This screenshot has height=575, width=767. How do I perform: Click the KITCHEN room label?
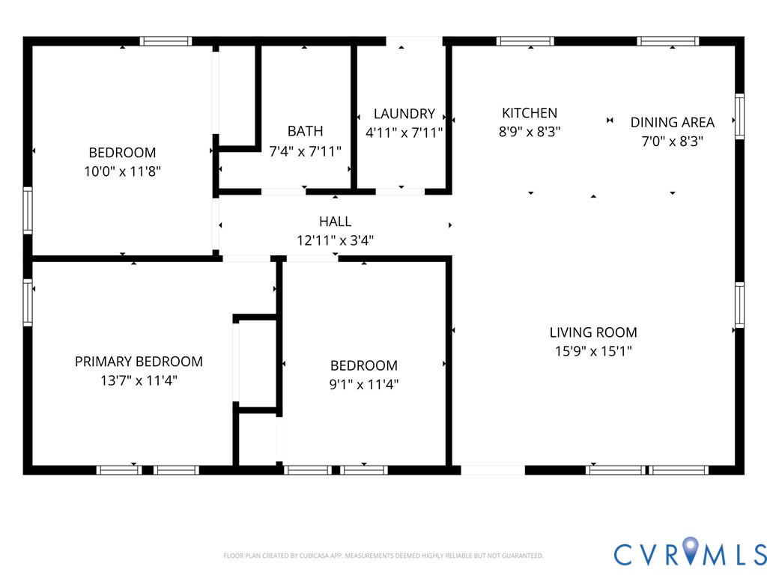coord(530,113)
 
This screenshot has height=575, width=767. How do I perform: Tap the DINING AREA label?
coord(672,122)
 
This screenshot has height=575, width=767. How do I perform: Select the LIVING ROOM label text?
coord(593,332)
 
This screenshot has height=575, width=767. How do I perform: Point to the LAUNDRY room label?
coord(404,114)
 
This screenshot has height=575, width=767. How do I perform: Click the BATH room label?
coord(306,131)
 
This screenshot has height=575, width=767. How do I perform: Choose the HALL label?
coord(335,222)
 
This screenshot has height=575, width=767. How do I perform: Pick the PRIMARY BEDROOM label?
coord(139,362)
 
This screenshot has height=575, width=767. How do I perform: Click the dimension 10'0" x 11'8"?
coord(122,171)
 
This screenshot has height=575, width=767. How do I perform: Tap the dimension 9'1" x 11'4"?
coord(363,384)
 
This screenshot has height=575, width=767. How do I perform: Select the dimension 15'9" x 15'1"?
coord(593,351)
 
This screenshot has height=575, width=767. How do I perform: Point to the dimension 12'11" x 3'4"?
coord(335,240)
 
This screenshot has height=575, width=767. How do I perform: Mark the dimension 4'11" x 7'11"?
coord(404,133)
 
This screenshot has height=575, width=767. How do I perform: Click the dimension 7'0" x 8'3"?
coord(672,142)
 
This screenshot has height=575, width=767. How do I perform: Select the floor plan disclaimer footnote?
coord(383,556)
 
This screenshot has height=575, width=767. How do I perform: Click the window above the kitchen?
coord(525,41)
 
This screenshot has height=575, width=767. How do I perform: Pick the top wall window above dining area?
coord(667,41)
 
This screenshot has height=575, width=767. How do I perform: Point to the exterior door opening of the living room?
coord(493,470)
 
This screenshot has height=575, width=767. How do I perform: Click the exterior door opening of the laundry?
coord(414,41)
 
